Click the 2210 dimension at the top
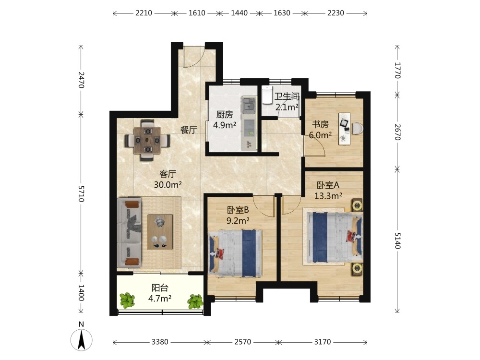tap(144, 13)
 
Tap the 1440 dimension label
tap(239, 13)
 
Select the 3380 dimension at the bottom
tap(160, 342)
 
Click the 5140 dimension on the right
tap(397, 240)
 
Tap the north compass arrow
tap(82, 340)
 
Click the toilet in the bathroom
tap(267, 95)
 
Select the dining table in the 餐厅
tap(147, 140)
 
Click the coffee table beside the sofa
tap(160, 232)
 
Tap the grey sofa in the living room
tap(129, 233)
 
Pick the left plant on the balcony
tap(127, 300)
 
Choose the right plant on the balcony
tap(195, 301)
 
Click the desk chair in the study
tap(358, 129)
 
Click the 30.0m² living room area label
tap(168, 185)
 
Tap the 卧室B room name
tap(238, 210)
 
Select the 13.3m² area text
tap(328, 196)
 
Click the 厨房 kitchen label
tap(224, 115)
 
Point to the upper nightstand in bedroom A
tap(357, 205)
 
